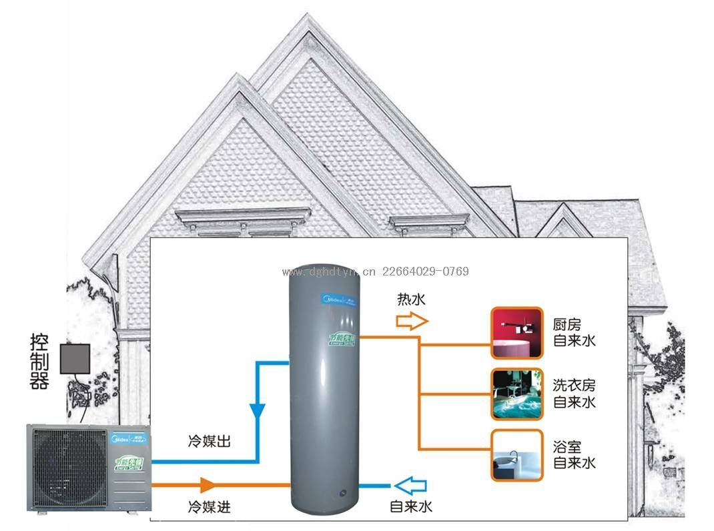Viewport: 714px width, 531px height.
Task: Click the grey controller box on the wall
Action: click(75, 358)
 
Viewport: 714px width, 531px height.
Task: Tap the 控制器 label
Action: click(39, 362)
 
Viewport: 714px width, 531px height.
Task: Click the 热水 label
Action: click(411, 300)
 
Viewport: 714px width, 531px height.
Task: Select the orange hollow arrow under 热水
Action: click(411, 322)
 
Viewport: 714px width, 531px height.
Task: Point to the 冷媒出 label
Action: click(209, 442)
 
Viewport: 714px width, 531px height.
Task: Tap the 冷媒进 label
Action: click(209, 507)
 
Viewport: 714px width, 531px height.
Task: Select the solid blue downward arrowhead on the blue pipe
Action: click(258, 412)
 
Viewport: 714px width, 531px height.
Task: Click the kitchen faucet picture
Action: click(516, 333)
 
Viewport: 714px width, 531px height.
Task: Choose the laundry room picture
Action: click(516, 394)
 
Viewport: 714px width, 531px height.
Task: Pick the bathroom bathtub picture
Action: click(516, 455)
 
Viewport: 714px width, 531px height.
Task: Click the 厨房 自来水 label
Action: click(574, 333)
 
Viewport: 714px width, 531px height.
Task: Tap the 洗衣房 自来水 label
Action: click(574, 394)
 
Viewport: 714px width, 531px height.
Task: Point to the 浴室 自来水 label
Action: click(574, 454)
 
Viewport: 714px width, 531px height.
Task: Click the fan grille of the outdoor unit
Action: click(66, 467)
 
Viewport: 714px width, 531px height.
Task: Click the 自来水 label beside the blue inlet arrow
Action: click(411, 507)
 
